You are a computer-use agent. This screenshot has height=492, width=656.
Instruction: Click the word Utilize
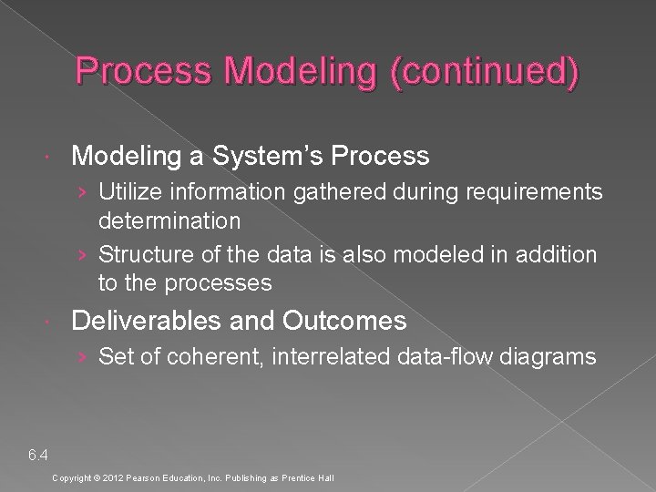tap(128, 192)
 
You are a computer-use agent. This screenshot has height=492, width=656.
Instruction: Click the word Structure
tap(139, 255)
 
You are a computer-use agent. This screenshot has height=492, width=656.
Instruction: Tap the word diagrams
tap(546, 356)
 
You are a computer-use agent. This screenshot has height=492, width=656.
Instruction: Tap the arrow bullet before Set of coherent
tap(84, 357)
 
